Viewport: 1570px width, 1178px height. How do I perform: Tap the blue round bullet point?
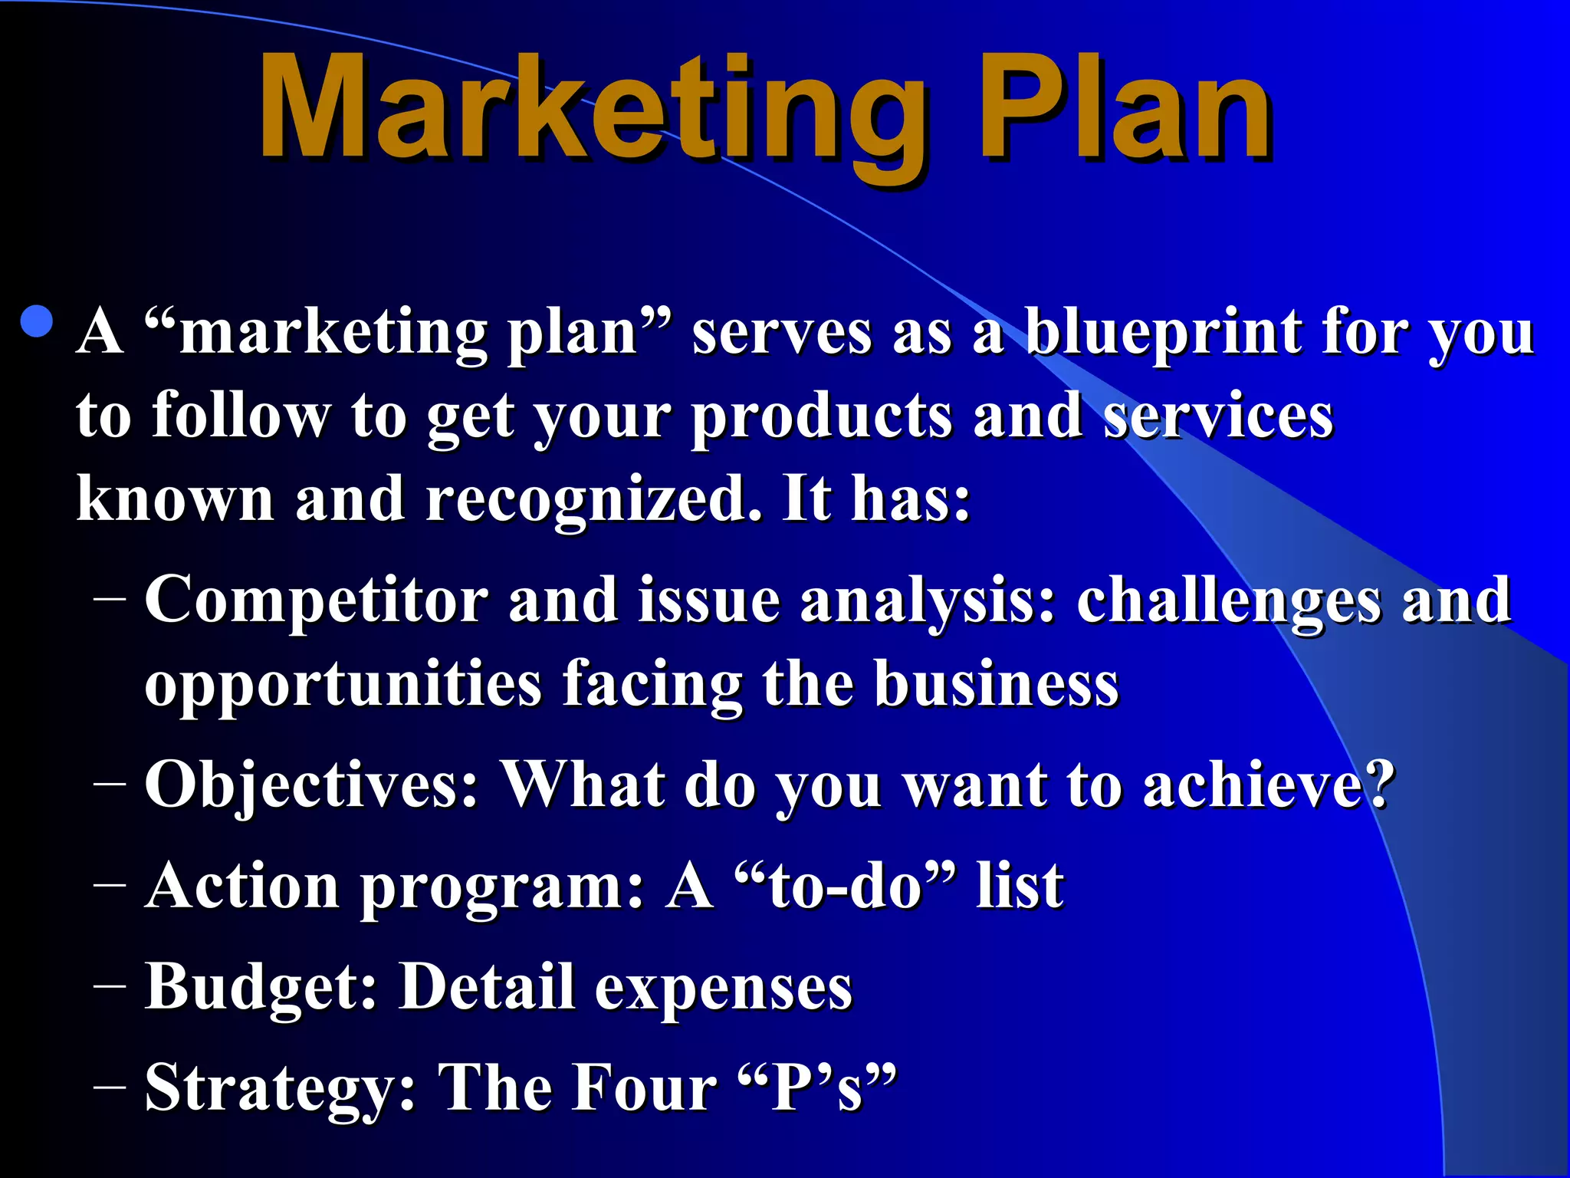pyautogui.click(x=38, y=322)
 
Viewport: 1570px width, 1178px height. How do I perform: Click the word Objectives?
pyautogui.click(x=311, y=786)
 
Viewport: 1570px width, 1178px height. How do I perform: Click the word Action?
pyautogui.click(x=241, y=887)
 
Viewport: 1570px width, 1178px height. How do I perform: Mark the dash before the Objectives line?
pyautogui.click(x=110, y=783)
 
